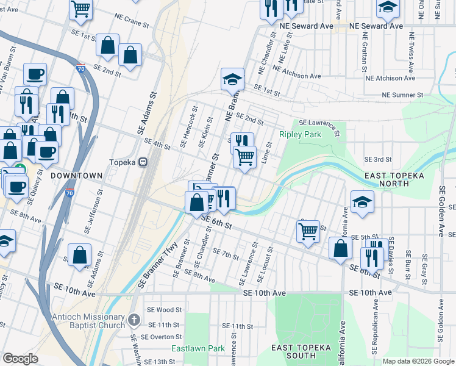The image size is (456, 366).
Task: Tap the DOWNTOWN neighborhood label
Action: (x=76, y=175)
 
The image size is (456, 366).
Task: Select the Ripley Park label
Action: (x=300, y=134)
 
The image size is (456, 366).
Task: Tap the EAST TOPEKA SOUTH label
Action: (x=301, y=351)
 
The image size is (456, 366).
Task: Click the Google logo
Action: (x=21, y=359)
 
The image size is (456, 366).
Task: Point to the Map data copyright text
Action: (x=418, y=361)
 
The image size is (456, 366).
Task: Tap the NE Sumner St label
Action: (x=402, y=95)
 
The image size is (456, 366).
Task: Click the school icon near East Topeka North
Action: (x=362, y=203)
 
